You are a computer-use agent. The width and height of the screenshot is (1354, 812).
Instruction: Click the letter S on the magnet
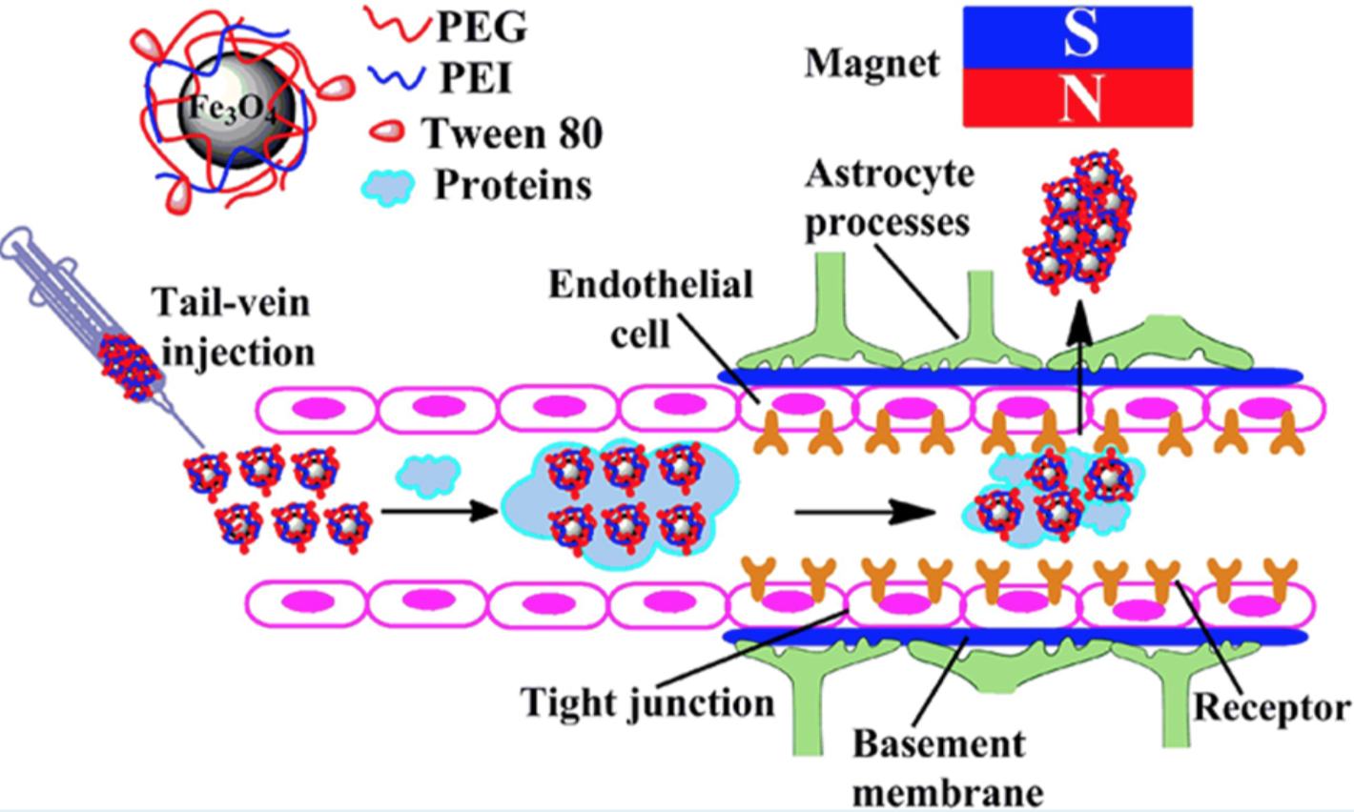[1079, 35]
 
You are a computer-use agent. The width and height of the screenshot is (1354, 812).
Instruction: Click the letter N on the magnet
[1079, 97]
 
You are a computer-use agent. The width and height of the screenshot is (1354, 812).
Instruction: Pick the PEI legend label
[475, 79]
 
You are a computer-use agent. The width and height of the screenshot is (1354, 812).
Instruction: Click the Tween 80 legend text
[512, 133]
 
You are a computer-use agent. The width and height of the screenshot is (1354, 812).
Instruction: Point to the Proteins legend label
[513, 185]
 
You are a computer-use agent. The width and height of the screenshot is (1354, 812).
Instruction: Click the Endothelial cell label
[650, 307]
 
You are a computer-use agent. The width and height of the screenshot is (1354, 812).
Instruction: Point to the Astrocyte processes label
[889, 198]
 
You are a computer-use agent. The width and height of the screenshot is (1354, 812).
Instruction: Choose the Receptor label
[1272, 707]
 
